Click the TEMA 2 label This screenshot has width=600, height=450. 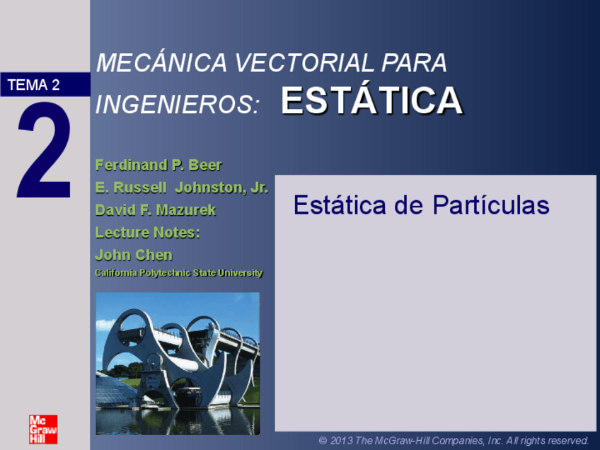[x=34, y=86]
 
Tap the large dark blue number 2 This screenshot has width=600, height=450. [x=44, y=151]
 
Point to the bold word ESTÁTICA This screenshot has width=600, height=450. [x=371, y=102]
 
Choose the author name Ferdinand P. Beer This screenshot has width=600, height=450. [x=158, y=166]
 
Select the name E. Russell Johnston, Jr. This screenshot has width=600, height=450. [x=181, y=188]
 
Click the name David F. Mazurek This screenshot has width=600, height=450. [x=155, y=210]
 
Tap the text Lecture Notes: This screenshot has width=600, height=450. [x=147, y=233]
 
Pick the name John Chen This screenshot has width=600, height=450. [x=133, y=255]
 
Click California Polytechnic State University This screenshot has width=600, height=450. [x=178, y=273]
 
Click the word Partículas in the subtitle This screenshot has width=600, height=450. [x=490, y=205]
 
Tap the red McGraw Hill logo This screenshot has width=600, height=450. [x=43, y=429]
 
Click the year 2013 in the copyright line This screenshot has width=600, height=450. [x=342, y=441]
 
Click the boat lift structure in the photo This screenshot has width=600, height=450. [x=184, y=354]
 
